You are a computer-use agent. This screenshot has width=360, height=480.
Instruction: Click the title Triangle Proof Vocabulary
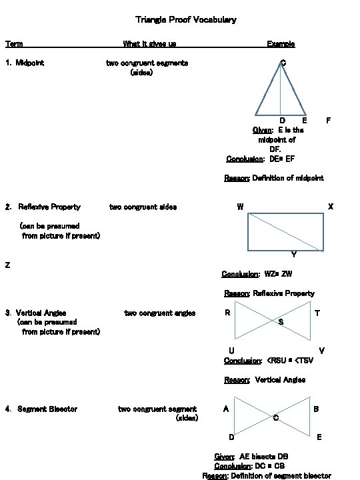point(185,20)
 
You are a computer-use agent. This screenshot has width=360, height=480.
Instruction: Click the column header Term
point(14,44)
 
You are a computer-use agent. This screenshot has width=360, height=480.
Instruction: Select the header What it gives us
point(149,44)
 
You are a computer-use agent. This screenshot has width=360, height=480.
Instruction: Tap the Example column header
point(281,44)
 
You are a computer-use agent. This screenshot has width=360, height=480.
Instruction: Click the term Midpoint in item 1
point(30,63)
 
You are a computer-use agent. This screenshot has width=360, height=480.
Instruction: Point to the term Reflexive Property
point(49,207)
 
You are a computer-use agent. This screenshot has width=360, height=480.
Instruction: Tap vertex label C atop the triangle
point(283,63)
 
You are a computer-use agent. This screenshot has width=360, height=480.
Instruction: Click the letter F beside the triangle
point(328,121)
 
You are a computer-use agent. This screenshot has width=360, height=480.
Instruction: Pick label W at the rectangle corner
point(240,207)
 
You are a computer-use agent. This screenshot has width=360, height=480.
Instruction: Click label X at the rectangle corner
point(331,207)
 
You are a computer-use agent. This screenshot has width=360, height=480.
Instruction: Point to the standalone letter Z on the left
point(7,265)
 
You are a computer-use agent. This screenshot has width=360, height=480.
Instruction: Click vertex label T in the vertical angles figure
point(317,313)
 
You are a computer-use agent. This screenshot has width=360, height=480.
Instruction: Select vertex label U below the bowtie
point(231,351)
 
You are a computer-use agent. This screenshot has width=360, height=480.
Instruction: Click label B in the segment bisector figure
point(316,409)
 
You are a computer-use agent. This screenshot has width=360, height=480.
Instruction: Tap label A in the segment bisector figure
point(227,409)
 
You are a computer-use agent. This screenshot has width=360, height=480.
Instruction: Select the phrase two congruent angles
point(160,313)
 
